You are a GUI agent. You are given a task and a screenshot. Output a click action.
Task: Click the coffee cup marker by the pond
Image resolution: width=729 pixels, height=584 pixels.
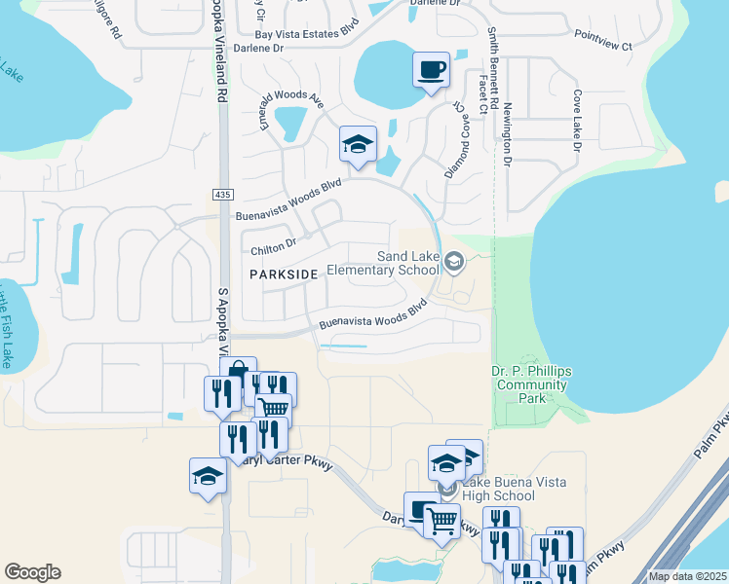(x=432, y=70)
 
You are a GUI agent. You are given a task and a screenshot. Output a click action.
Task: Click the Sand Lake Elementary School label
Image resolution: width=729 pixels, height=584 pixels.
(x=383, y=263)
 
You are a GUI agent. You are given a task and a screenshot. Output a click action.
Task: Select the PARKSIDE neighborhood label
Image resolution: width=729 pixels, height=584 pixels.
(x=284, y=275)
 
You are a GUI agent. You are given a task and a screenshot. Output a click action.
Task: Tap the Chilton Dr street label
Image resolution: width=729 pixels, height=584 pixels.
(x=272, y=250)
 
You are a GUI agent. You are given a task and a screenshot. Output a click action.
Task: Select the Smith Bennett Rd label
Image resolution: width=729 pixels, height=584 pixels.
(x=494, y=68)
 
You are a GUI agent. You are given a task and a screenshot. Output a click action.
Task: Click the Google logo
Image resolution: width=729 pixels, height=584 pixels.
(x=32, y=572)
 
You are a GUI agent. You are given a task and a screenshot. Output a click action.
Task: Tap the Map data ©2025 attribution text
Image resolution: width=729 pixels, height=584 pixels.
(x=687, y=576)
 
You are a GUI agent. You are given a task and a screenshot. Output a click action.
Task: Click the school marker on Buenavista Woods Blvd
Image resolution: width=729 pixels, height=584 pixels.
(x=358, y=145)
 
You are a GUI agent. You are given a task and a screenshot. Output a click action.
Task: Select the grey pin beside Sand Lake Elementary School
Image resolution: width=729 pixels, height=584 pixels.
(x=453, y=261)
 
